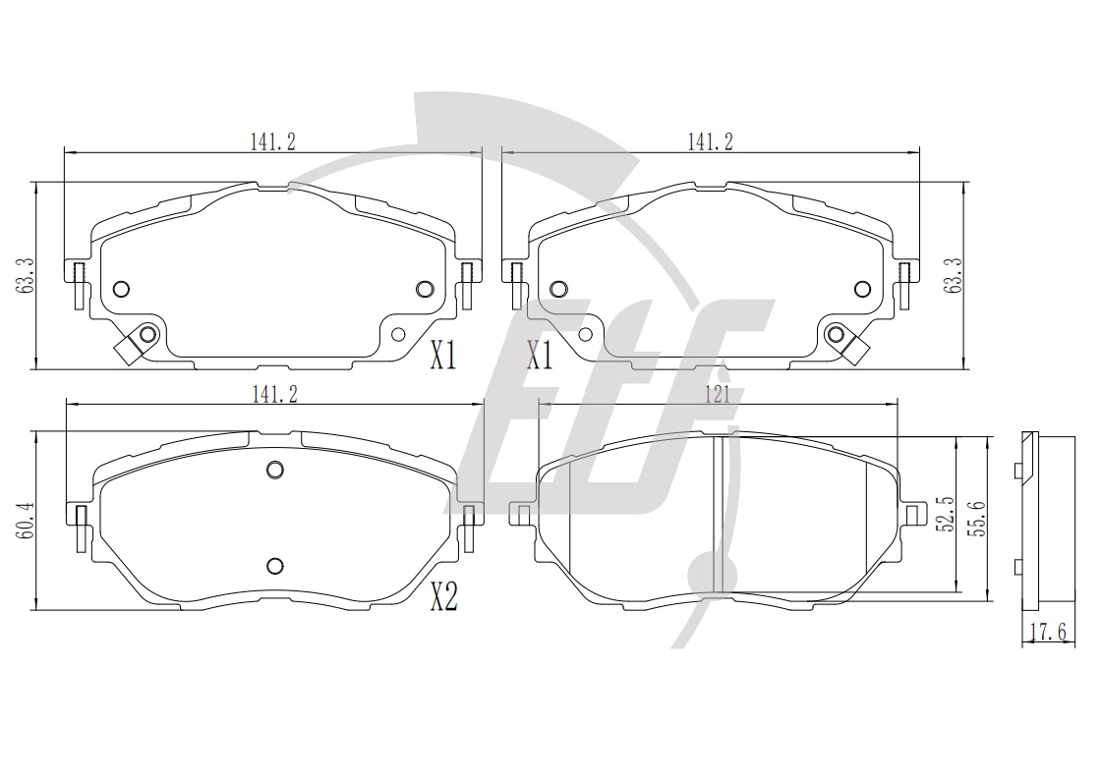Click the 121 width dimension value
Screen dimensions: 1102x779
pos(717,395)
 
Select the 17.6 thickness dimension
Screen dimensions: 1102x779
pos(1048,633)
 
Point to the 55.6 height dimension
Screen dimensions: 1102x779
pos(976,519)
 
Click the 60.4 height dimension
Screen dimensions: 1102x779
pos(28,521)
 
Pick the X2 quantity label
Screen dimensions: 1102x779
pos(443,598)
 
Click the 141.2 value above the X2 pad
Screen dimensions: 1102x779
pos(275,394)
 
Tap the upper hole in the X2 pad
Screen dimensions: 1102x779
pos(275,470)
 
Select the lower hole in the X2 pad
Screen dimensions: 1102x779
pos(275,566)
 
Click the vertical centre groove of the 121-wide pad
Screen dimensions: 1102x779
pos(719,515)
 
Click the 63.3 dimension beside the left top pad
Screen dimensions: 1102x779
pos(28,275)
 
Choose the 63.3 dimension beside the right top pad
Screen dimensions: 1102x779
pos(956,275)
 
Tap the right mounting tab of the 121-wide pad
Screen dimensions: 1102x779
pos(913,514)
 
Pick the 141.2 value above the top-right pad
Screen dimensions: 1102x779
pos(710,141)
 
